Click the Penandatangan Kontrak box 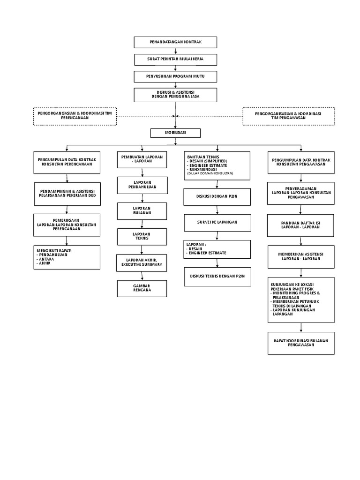pos(175,42)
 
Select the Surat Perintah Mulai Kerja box pos(175,60)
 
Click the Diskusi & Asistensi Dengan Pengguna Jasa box pos(175,94)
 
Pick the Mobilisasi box pos(175,133)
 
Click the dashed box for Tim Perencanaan pos(75,116)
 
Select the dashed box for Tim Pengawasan pos(288,116)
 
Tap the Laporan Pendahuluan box pos(142,185)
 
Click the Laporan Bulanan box pos(142,211)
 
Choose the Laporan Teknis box pos(142,236)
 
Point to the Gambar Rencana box pos(142,288)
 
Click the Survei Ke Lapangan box pos(217,222)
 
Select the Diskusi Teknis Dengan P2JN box pos(217,276)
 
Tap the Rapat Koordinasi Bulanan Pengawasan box pos(301,343)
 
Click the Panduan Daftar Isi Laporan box pos(301,225)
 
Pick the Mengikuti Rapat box pos(67,257)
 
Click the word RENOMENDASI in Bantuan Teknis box pos(204,169)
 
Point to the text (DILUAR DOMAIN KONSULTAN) pos(210,173)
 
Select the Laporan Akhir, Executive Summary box pos(142,262)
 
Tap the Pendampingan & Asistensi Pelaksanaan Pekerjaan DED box pos(67,193)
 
